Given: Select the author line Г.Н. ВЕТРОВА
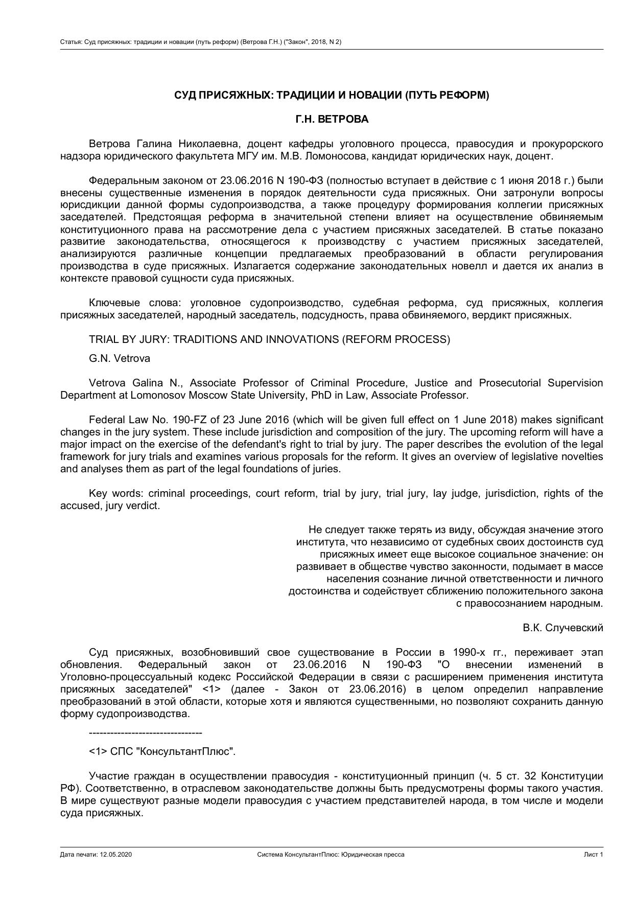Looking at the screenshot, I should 332,120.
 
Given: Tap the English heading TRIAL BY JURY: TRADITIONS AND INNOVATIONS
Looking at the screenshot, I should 269,340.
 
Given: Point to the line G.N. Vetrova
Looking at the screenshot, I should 119,359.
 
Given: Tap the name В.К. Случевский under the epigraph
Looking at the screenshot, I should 562,628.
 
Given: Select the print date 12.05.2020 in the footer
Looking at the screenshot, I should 116,855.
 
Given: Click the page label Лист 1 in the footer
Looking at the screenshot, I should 594,855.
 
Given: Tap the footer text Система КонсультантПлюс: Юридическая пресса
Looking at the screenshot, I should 331,855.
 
